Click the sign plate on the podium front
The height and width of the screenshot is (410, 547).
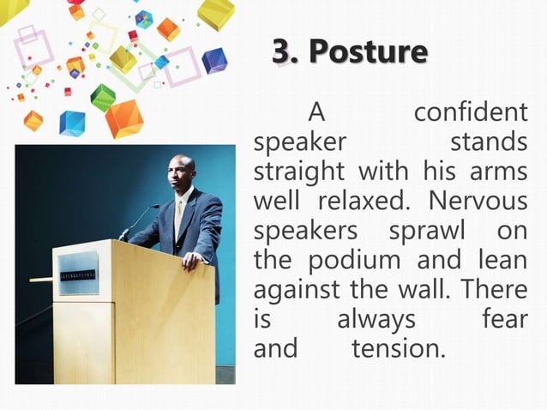click(78, 273)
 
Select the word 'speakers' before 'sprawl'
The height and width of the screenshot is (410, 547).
click(306, 232)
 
